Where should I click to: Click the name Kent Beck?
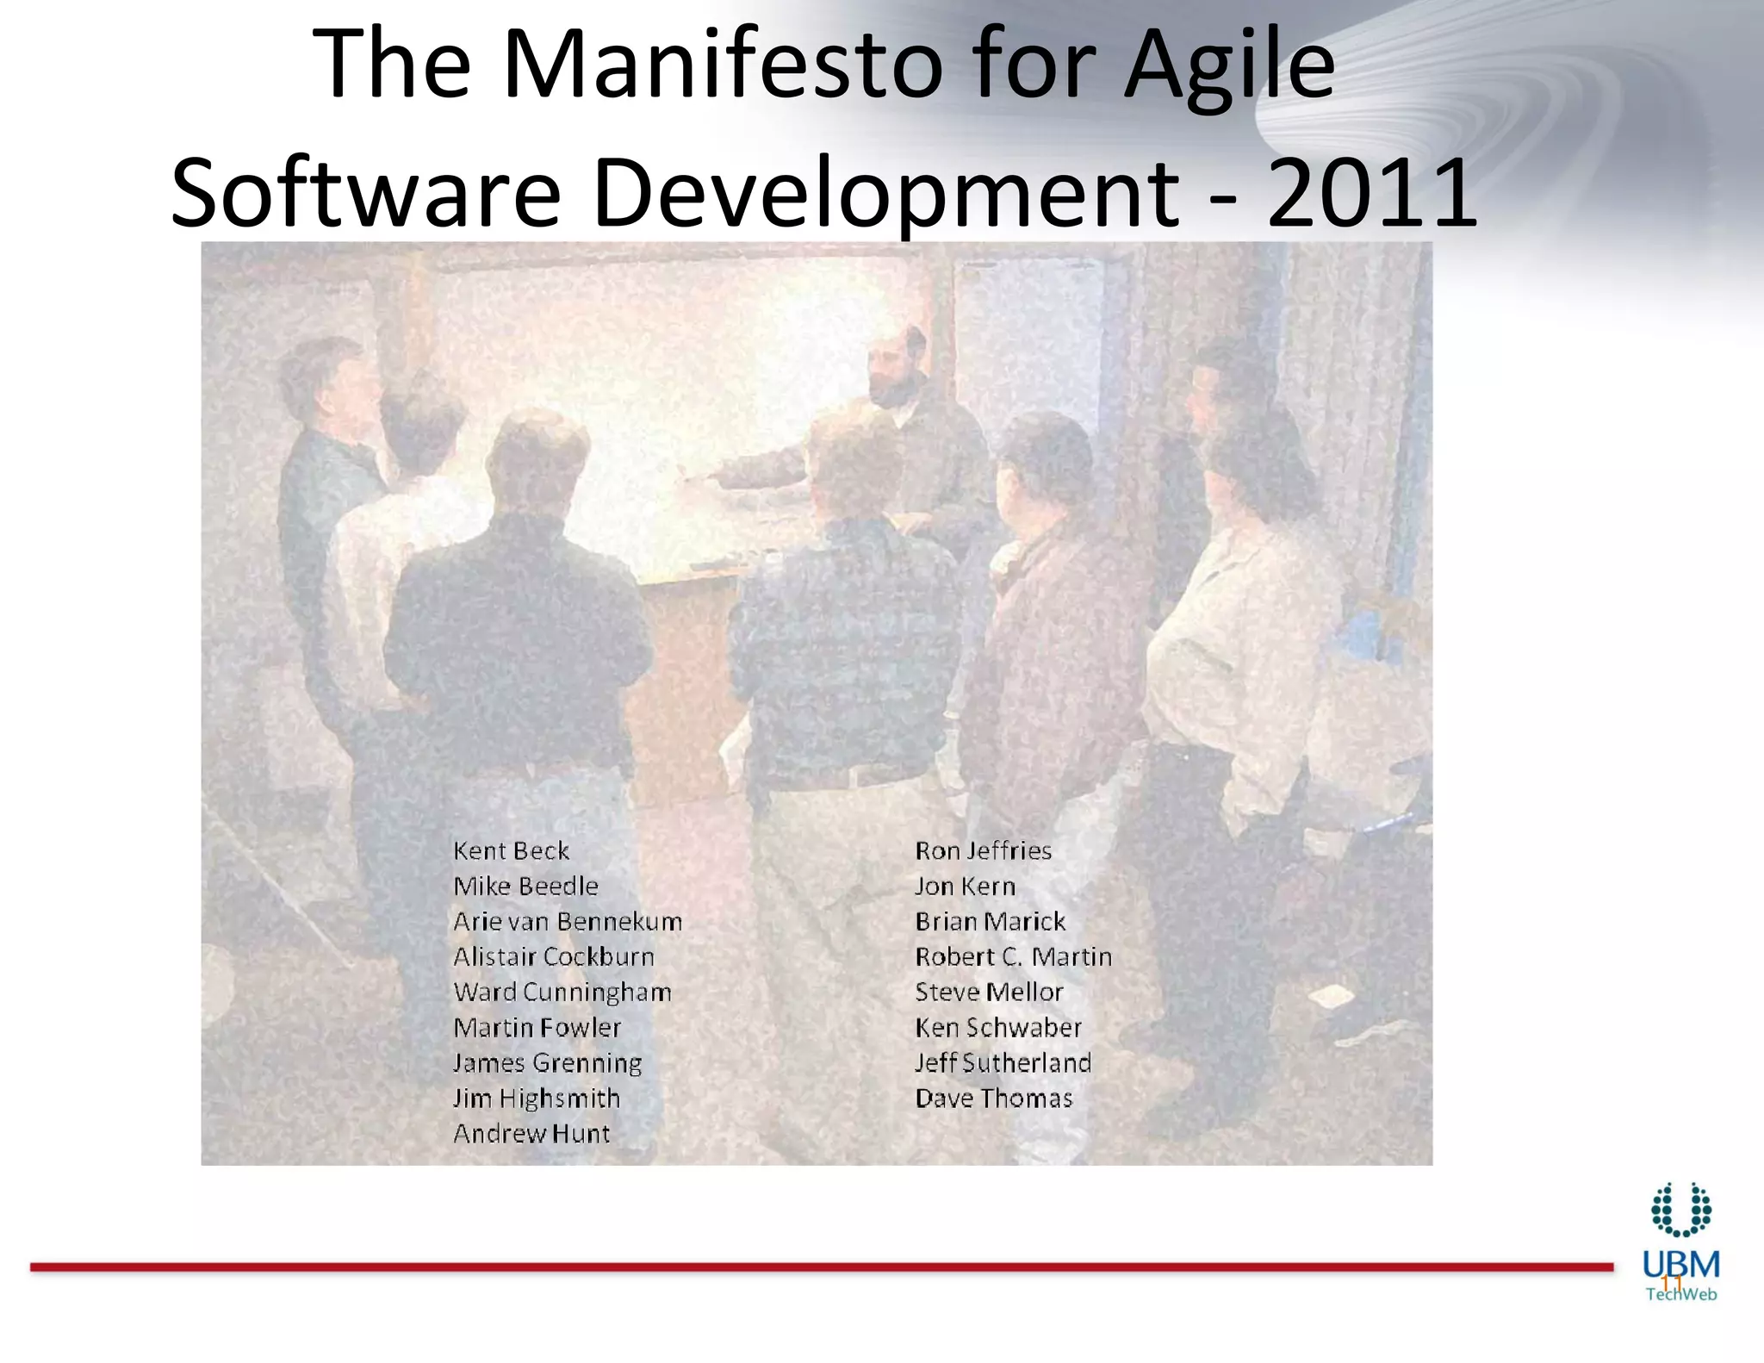tap(511, 851)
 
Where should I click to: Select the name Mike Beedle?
tap(525, 887)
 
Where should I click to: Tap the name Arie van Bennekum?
tap(568, 922)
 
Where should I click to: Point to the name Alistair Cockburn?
tap(554, 957)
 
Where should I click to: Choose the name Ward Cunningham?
tap(562, 993)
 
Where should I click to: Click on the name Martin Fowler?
tap(537, 1028)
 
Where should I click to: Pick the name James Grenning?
tap(548, 1063)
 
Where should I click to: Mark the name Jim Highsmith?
tap(537, 1098)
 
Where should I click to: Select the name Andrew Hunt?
tap(531, 1134)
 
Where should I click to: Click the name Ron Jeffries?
tap(983, 851)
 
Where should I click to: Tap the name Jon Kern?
tap(965, 887)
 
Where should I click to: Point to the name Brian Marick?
tap(990, 922)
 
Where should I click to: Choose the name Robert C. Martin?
tap(1013, 957)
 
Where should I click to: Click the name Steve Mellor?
tap(989, 993)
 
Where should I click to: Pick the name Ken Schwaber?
tap(997, 1028)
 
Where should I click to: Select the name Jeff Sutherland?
tap(1003, 1063)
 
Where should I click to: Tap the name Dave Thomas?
tap(993, 1098)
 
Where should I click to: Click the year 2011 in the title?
tap(1373, 192)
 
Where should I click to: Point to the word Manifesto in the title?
tap(724, 65)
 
